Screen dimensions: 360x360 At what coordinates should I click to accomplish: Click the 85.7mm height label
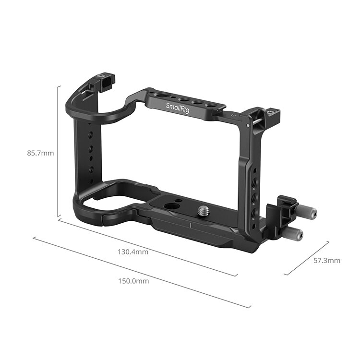pos(41,154)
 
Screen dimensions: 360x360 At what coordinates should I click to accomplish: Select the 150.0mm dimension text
pos(134,281)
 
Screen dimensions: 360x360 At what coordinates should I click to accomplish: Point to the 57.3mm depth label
pos(327,261)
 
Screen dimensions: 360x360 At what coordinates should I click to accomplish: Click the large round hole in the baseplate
pos(170,206)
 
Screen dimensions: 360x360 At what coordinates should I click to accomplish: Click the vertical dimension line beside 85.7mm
pos(59,151)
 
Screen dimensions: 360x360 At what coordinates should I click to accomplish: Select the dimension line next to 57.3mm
pos(307,258)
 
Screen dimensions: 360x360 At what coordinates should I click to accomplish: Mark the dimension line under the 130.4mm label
pos(149,248)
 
